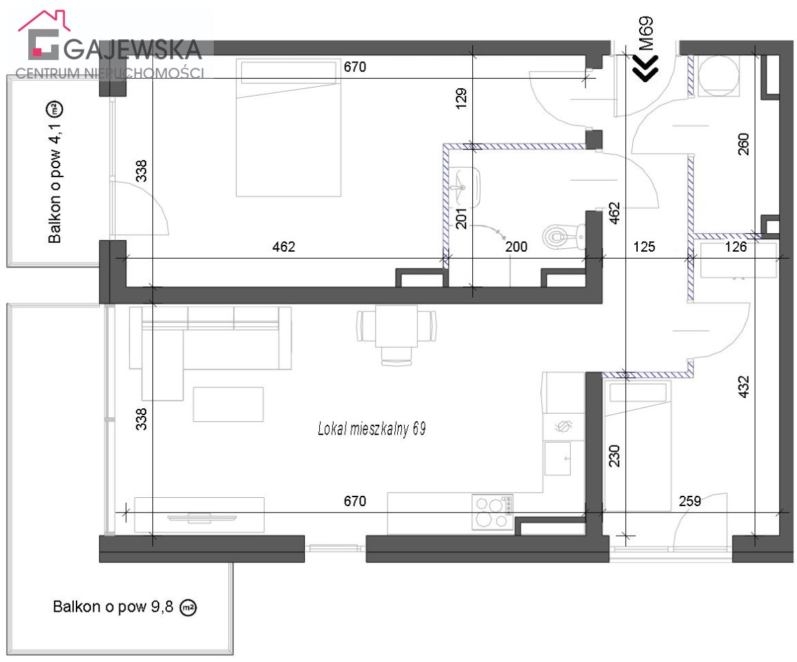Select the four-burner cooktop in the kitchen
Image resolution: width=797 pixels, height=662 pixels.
tap(492, 512)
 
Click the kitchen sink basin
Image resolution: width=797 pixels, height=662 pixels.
tap(558, 458)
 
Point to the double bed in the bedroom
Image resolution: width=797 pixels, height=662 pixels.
tap(288, 128)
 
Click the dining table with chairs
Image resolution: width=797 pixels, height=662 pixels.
tap(396, 334)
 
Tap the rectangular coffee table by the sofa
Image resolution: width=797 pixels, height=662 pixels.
tap(228, 404)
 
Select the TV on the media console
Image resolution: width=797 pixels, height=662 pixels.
tap(202, 518)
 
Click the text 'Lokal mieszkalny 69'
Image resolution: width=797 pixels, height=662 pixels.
tap(372, 429)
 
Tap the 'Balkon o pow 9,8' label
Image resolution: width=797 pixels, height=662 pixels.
tap(113, 607)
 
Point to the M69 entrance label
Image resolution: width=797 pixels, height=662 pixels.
tap(646, 34)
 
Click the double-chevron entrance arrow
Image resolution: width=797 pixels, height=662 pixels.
tap(645, 67)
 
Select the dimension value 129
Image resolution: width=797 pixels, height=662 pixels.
tap(461, 99)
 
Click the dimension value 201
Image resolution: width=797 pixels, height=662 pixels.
tap(461, 218)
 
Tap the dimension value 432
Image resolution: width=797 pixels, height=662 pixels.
tap(743, 386)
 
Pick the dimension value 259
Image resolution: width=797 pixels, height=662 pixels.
tap(689, 501)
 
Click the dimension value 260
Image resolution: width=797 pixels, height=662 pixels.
tap(743, 144)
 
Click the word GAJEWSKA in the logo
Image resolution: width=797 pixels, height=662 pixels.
tap(133, 49)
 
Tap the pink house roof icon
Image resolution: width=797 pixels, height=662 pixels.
tap(43, 20)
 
